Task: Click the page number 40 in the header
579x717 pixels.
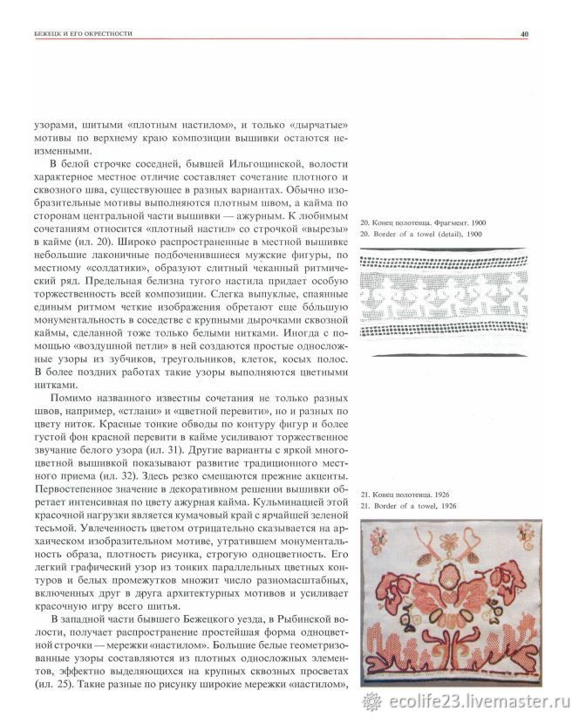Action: (x=525, y=34)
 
